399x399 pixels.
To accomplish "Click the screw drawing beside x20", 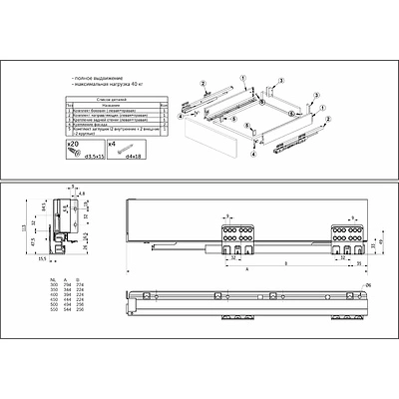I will pos(72,156).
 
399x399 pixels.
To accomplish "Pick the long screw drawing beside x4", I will pos(112,156).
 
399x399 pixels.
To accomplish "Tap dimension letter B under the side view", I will pos(286,263).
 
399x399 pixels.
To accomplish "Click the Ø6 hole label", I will pos(368,286).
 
